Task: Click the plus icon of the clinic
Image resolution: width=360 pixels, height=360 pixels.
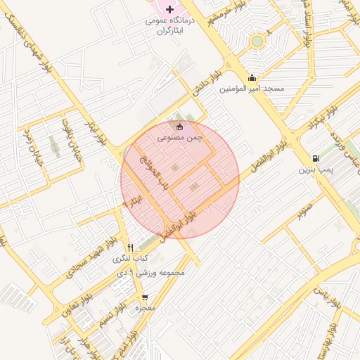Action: pyautogui.click(x=169, y=8)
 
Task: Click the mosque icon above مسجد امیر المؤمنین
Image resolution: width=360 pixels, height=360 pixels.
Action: pyautogui.click(x=252, y=77)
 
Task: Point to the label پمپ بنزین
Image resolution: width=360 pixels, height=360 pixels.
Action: pyautogui.click(x=314, y=169)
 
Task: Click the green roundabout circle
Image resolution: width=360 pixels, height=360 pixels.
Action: pyautogui.click(x=257, y=41)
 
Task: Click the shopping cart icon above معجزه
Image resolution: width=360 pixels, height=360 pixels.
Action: pyautogui.click(x=145, y=297)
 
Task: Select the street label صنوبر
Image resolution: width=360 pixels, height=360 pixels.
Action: pyautogui.click(x=304, y=209)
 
